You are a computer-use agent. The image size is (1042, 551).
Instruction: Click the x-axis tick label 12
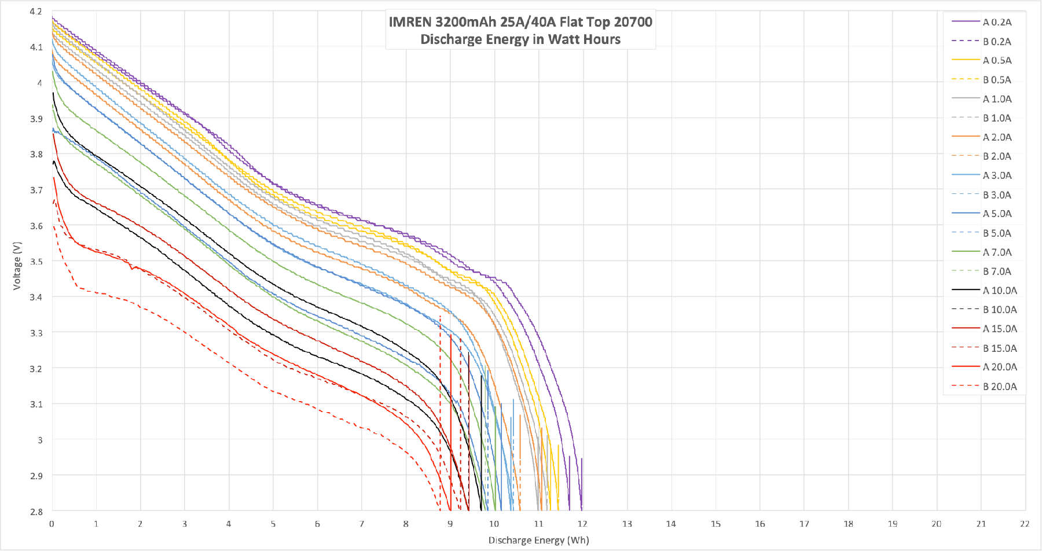[582, 524]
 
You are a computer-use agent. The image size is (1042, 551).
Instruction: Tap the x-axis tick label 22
[1025, 524]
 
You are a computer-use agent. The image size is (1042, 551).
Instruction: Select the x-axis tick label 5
[273, 524]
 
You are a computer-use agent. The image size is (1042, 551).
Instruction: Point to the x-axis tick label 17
[804, 524]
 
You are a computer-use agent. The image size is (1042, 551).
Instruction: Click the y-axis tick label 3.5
[36, 262]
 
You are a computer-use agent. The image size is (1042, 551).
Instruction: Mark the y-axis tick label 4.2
[36, 12]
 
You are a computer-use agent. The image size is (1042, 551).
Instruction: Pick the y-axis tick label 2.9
[36, 476]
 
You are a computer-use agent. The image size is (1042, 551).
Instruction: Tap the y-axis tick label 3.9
[36, 119]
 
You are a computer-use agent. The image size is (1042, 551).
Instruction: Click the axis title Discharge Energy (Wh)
[538, 540]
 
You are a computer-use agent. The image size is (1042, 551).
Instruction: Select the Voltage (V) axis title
[17, 266]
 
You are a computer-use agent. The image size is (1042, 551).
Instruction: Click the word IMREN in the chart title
[410, 22]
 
